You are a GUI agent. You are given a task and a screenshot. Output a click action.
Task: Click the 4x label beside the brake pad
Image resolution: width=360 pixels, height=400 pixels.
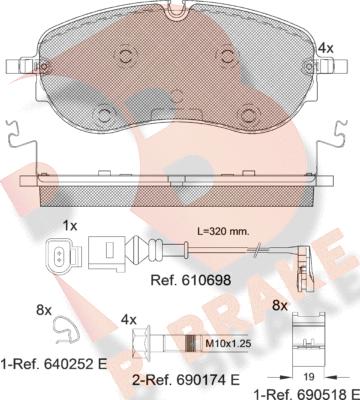pos(326,47)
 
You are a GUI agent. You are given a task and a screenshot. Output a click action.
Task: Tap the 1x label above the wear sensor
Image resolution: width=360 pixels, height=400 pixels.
pos(70,227)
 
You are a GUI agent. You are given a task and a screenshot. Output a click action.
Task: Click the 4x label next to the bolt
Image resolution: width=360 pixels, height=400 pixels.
pos(129,318)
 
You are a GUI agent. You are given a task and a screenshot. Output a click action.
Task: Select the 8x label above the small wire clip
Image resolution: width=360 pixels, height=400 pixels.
pos(44,311)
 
